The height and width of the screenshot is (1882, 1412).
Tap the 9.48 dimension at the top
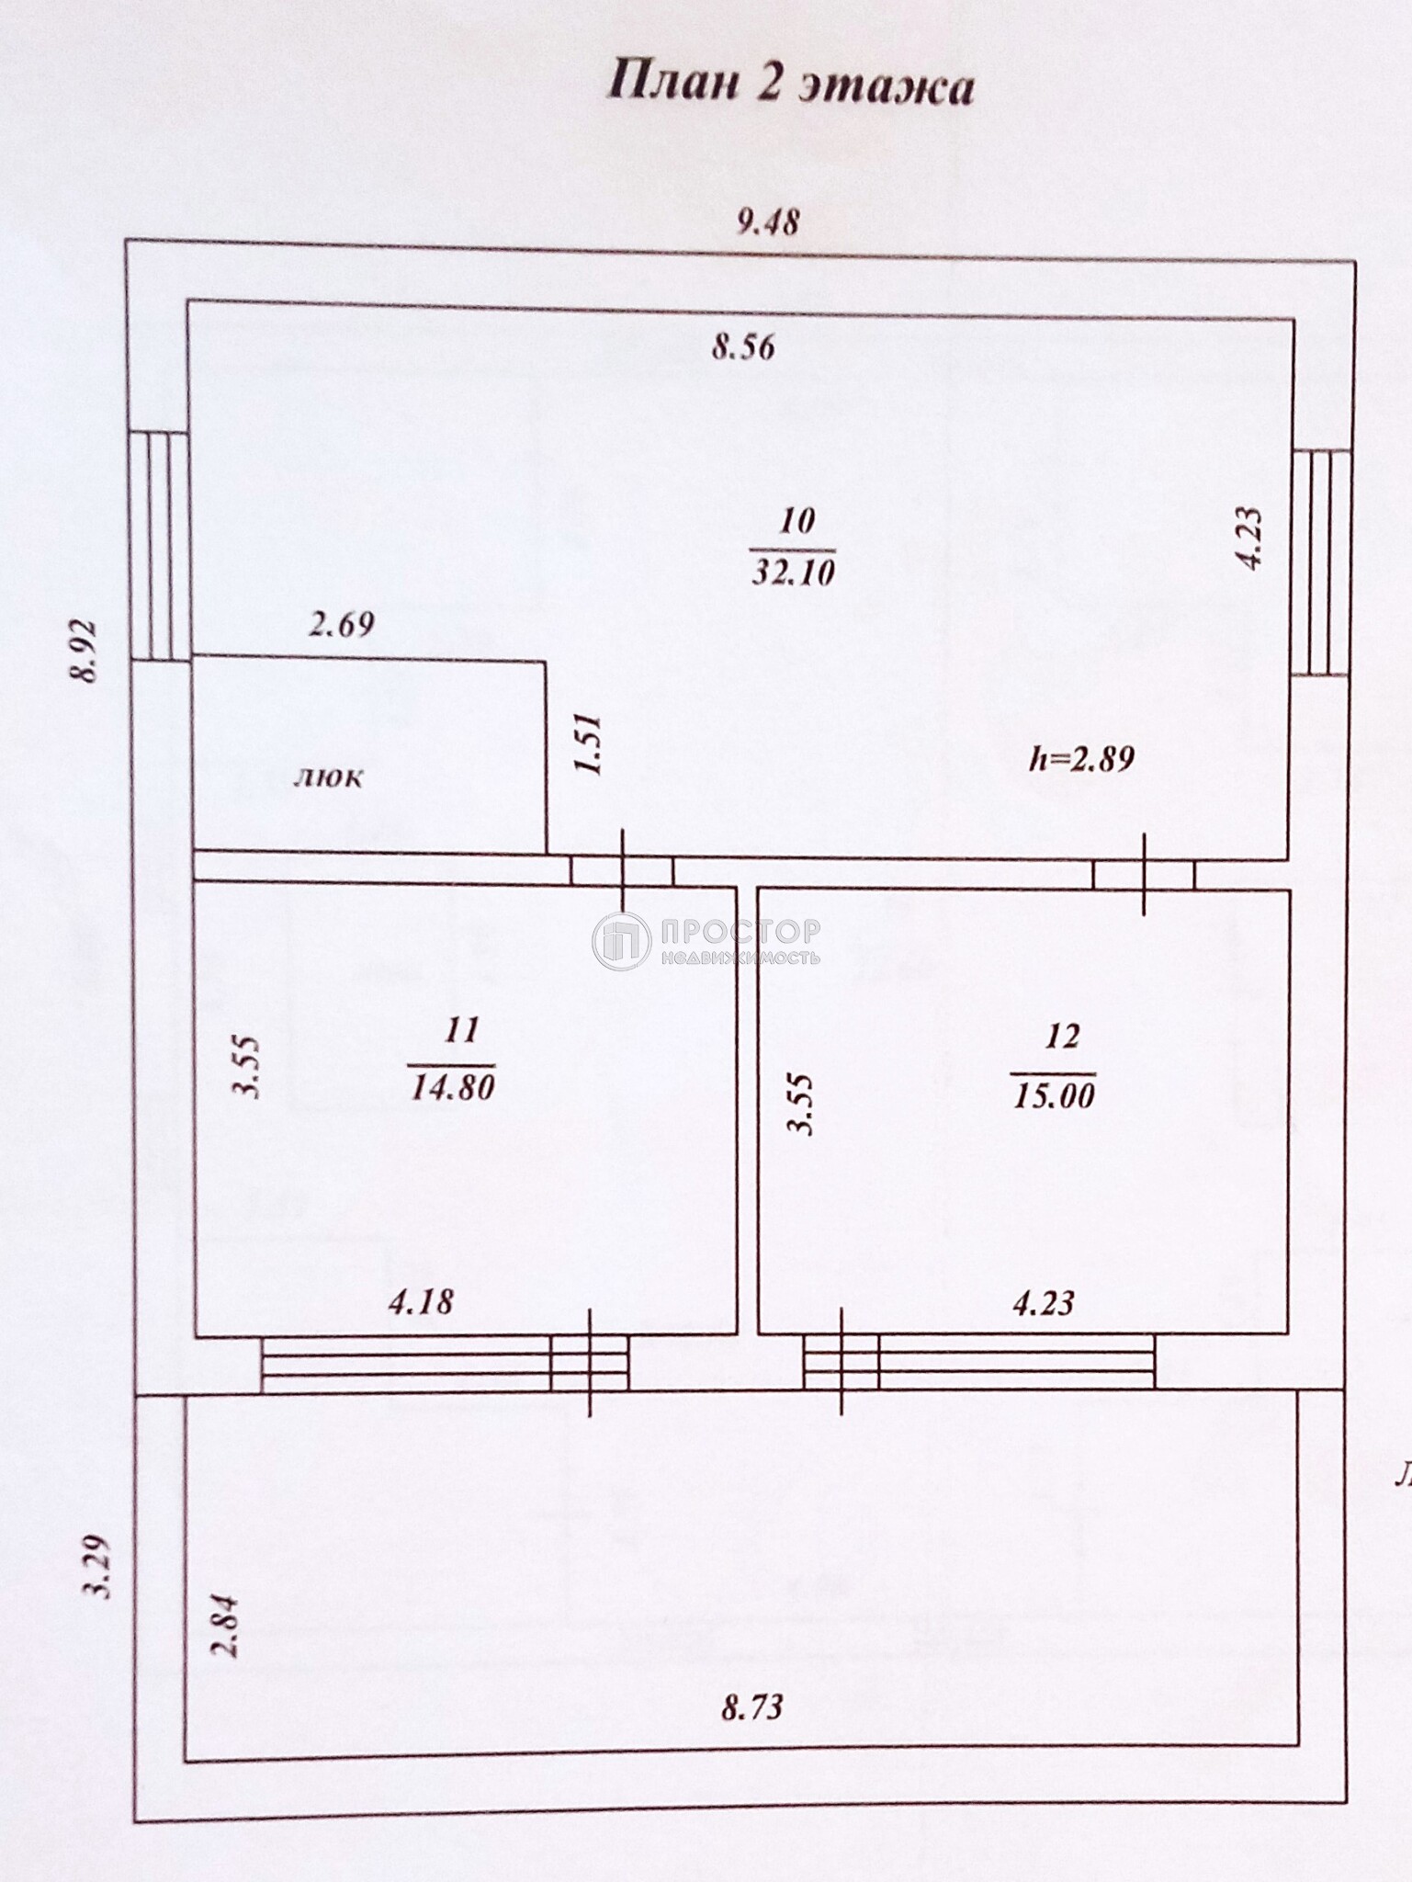click(x=770, y=221)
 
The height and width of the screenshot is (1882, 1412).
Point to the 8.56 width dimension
click(x=744, y=347)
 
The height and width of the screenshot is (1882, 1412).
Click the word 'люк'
click(x=328, y=777)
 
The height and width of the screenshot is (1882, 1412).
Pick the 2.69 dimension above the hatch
click(x=342, y=626)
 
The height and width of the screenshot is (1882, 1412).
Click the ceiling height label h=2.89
click(x=1082, y=759)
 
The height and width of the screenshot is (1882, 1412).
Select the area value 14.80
click(x=454, y=1088)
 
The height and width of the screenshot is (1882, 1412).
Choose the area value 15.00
click(x=1054, y=1095)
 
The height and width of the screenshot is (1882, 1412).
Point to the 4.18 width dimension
click(x=421, y=1302)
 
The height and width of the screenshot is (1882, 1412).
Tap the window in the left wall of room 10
click(x=159, y=545)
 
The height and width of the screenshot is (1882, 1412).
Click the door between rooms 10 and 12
click(x=1144, y=875)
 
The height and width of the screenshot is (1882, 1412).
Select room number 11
click(x=461, y=1030)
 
